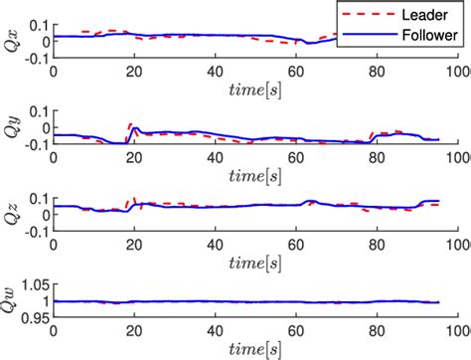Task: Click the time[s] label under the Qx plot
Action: pos(255,92)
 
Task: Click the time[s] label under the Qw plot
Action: pos(255,351)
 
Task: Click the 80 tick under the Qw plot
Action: pos(377,333)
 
